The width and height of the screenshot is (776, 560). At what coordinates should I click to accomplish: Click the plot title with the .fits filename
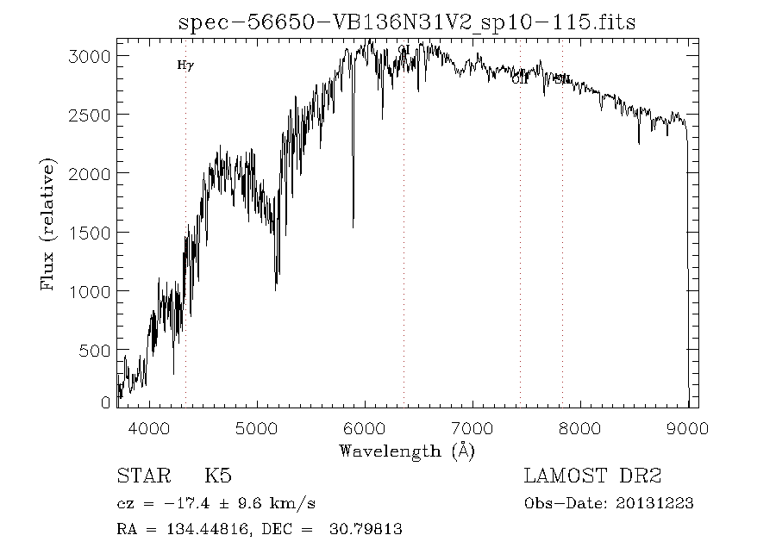406,22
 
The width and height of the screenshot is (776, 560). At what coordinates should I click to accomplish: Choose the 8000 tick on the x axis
579,427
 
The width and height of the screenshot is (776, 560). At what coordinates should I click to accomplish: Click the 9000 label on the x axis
687,427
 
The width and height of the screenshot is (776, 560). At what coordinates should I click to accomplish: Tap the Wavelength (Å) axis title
406,451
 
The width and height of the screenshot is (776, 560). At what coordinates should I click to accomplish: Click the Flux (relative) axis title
48,223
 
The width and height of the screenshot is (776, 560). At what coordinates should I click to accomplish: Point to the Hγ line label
185,65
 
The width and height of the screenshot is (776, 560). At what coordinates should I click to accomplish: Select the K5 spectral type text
218,476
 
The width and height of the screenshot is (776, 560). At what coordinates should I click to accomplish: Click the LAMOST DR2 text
592,476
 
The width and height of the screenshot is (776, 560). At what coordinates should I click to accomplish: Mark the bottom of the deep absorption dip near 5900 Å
353,227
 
